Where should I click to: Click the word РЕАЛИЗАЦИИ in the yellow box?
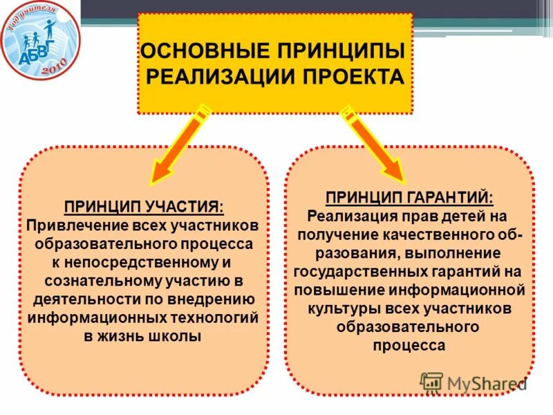(x=221, y=76)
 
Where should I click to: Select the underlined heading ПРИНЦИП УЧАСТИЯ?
(x=144, y=207)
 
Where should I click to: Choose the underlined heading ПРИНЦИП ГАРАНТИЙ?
(x=409, y=198)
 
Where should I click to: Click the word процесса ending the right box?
(x=409, y=346)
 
